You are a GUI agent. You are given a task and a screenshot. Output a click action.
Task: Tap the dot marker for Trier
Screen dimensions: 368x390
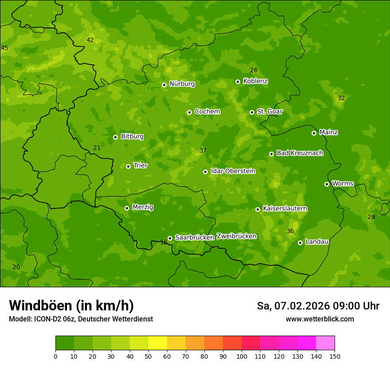click(x=128, y=166)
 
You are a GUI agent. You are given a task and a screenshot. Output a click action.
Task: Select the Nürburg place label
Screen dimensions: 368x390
click(x=182, y=84)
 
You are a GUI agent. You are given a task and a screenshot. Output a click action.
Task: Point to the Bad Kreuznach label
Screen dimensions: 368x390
click(x=300, y=153)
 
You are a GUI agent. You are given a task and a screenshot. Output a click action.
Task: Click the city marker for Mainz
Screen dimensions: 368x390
click(x=314, y=133)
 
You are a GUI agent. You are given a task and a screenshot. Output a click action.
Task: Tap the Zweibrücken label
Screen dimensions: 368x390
click(x=236, y=236)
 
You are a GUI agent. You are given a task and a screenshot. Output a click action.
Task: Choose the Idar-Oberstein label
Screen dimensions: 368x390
click(x=233, y=171)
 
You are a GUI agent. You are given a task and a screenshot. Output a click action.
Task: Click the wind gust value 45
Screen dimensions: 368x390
click(x=4, y=48)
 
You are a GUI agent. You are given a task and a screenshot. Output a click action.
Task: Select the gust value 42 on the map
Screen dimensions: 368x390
click(x=90, y=40)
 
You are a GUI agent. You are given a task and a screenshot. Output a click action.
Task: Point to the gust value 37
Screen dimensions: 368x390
click(x=203, y=150)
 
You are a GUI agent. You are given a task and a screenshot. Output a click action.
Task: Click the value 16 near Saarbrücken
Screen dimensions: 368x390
click(x=164, y=242)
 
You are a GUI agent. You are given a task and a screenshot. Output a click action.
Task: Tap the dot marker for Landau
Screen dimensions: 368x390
click(x=300, y=243)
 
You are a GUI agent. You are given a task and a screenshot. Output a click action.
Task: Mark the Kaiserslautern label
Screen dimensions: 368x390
click(x=285, y=208)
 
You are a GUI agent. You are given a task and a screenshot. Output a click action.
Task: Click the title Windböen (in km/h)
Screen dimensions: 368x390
click(x=71, y=305)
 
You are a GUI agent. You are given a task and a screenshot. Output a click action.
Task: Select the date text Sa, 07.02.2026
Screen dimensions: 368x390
click(x=286, y=306)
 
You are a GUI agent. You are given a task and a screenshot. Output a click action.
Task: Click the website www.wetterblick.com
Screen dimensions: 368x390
click(x=320, y=319)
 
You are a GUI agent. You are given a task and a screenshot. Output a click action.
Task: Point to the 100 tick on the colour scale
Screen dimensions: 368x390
click(x=242, y=356)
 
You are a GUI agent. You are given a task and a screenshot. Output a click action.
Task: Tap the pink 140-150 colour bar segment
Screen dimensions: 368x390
click(x=325, y=343)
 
